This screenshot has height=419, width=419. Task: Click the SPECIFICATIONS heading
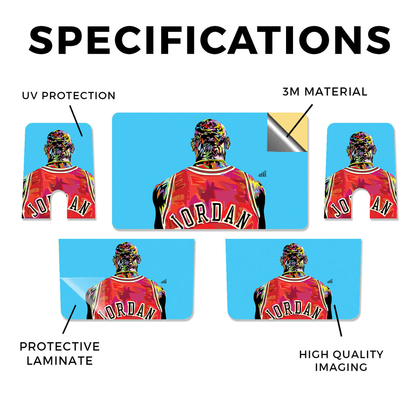pos(209,40)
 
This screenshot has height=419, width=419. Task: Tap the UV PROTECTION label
pos(69,96)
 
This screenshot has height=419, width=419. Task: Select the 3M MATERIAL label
pos(325,92)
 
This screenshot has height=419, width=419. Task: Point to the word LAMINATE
pos(60,361)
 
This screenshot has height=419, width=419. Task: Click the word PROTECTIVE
pos(60,347)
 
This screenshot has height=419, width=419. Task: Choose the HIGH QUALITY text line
pos(341,355)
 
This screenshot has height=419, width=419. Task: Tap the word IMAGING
pos(341,367)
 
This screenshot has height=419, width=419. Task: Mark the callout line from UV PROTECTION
pos(76,121)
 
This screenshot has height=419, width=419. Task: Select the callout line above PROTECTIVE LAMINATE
pos(70,319)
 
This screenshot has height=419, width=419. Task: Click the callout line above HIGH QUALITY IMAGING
pos(338,320)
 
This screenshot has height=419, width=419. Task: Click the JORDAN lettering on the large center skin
pos(211,215)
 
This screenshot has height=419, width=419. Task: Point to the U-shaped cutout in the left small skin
pos(59,204)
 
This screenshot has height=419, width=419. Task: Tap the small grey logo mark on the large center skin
pos(262,174)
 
